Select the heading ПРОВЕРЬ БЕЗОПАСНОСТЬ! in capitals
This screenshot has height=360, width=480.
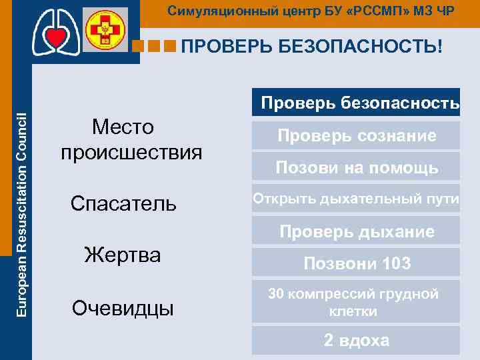(x=311, y=47)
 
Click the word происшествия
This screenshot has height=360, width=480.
(x=131, y=152)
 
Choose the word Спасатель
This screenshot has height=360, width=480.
(x=124, y=203)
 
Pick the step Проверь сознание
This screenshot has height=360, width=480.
(x=357, y=136)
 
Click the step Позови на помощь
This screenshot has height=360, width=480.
(x=357, y=168)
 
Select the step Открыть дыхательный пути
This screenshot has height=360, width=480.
(x=356, y=199)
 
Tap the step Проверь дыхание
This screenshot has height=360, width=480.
(x=357, y=231)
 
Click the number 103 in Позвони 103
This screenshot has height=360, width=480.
(x=397, y=264)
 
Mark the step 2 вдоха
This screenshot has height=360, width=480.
(x=357, y=340)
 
